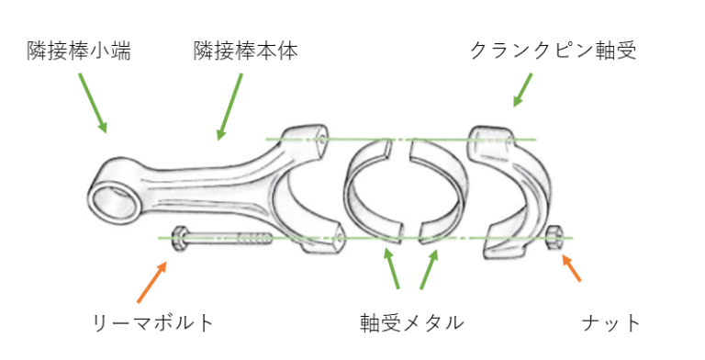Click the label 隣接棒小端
[79, 51]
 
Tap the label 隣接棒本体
[246, 51]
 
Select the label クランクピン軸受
[554, 51]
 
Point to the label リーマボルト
[153, 322]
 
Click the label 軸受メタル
[412, 322]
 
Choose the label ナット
[611, 322]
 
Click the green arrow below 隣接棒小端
[93, 103]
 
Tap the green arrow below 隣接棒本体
[229, 107]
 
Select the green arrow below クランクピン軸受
[523, 90]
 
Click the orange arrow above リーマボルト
[152, 282]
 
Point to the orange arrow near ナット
[571, 268]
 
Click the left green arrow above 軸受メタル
[391, 268]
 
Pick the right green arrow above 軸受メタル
[429, 269]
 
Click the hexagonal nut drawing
[553, 239]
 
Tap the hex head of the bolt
[180, 239]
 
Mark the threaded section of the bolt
[255, 239]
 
